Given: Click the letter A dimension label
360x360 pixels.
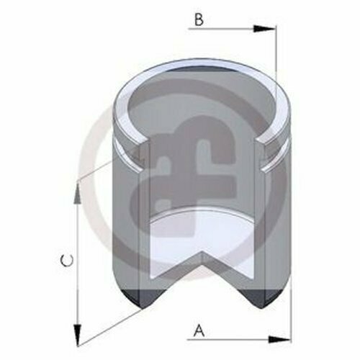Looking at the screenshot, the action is [x=199, y=330].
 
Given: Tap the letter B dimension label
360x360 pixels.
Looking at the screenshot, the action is [x=199, y=19].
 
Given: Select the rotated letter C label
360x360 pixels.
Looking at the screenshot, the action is [x=67, y=261].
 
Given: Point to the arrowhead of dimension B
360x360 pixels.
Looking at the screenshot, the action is [x=265, y=29].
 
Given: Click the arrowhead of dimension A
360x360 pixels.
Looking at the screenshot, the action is [x=279, y=339].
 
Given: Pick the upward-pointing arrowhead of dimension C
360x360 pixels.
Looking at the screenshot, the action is [x=77, y=194].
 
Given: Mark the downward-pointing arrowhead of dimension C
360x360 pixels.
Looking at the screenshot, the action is [x=77, y=336].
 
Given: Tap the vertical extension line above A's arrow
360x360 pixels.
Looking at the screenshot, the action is [x=291, y=310].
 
